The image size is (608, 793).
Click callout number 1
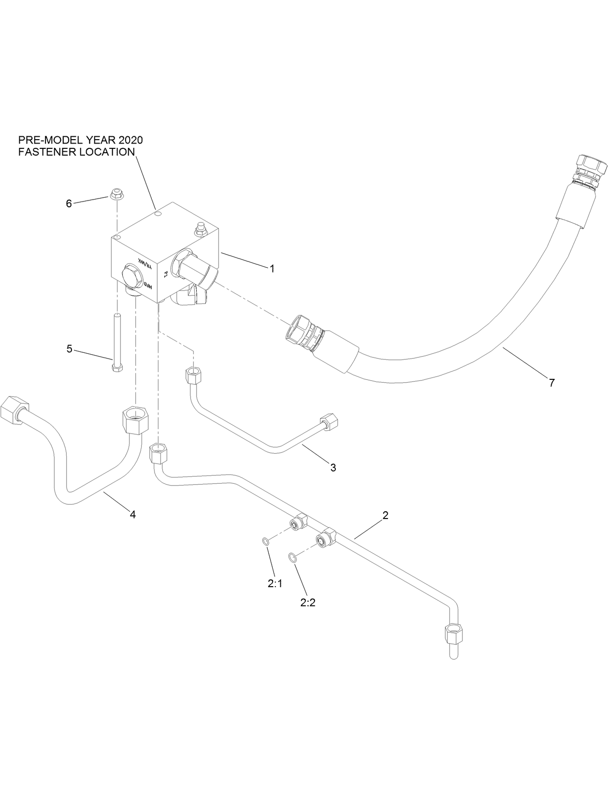[272, 269]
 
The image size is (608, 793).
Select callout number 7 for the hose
[551, 383]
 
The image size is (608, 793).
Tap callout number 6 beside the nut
[69, 203]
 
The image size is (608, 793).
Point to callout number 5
[70, 348]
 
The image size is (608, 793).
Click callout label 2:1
[275, 584]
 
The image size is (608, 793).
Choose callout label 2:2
[307, 603]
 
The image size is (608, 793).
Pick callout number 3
[333, 467]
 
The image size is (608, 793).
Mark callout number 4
[132, 515]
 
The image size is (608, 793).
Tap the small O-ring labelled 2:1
[266, 541]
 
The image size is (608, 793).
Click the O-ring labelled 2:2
[292, 558]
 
